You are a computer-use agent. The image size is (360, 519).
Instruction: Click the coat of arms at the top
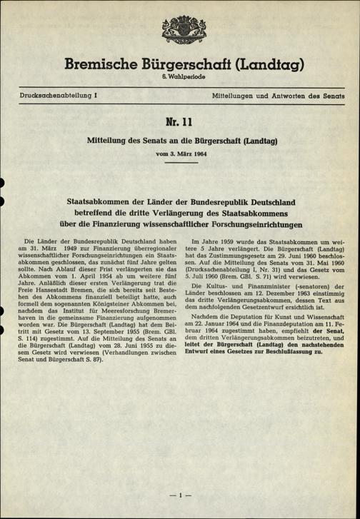click(x=179, y=26)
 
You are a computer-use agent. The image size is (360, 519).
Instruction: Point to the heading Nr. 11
click(x=180, y=123)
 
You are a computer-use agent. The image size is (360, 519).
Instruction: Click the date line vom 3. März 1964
click(x=180, y=154)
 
